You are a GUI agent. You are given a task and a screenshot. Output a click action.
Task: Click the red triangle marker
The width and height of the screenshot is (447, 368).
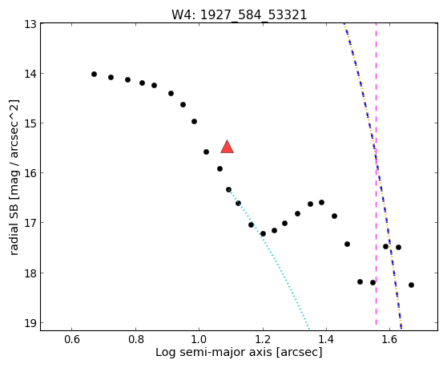(x=227, y=148)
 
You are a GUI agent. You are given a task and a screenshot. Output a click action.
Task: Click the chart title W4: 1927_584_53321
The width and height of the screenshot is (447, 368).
(x=240, y=14)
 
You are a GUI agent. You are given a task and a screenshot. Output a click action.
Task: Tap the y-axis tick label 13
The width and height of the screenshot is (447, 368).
(x=30, y=24)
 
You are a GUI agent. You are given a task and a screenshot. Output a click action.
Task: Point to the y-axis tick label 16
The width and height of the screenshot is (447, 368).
(x=30, y=173)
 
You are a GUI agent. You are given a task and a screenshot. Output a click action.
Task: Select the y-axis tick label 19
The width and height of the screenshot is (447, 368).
(x=30, y=323)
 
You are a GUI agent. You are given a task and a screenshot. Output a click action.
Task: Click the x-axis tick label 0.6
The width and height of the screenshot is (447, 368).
(x=71, y=339)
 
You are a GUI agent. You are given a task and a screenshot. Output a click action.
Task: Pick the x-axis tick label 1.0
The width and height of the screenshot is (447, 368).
(x=199, y=339)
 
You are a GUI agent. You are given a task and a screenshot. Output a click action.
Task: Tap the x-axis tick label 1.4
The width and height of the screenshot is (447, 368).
(x=326, y=339)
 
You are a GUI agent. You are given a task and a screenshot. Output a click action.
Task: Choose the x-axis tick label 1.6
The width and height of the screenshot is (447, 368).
(x=389, y=339)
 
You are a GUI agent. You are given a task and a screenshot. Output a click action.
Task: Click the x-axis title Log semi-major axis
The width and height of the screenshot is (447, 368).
(x=214, y=352)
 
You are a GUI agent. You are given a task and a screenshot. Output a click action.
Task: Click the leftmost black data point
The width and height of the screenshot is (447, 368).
(x=94, y=75)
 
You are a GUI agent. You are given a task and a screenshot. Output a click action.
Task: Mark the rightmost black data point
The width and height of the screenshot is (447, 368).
(x=411, y=285)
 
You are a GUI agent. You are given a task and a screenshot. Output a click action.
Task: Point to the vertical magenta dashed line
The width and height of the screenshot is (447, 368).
(x=376, y=174)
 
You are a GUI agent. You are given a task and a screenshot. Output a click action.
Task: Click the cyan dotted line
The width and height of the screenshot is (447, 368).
(x=268, y=258)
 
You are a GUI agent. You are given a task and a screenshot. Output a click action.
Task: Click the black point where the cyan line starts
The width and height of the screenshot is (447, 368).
(x=228, y=190)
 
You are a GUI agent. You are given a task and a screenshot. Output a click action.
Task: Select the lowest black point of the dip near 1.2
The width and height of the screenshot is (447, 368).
(x=263, y=234)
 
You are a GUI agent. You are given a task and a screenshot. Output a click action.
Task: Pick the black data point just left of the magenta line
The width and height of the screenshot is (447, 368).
(x=372, y=283)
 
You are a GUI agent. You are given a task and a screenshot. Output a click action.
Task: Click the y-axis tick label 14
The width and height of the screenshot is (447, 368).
(x=30, y=74)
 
